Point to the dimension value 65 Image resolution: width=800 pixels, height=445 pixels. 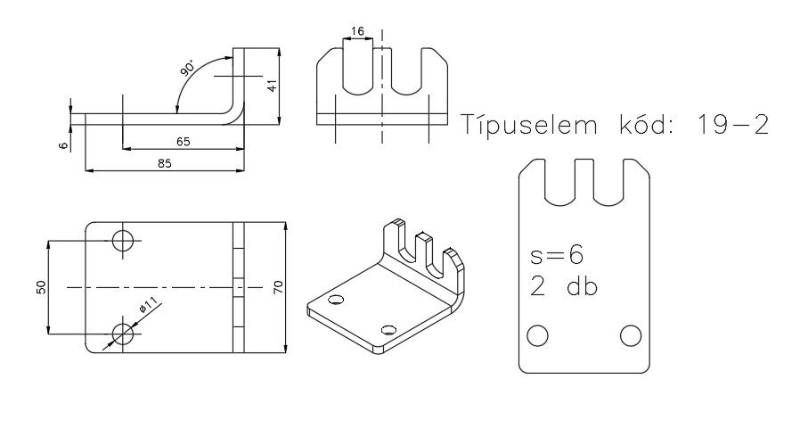pos(182,142)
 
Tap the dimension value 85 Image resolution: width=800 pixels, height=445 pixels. pos(164,163)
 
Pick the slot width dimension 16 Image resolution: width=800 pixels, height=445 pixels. pos(358,31)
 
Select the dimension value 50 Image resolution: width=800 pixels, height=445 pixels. pos(41,287)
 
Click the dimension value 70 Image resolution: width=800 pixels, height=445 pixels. pos(279,287)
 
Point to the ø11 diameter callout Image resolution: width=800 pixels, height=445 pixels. pos(148,306)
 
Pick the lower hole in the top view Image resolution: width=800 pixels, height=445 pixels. pos(123,334)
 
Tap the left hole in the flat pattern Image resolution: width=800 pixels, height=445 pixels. pos(537,335)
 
